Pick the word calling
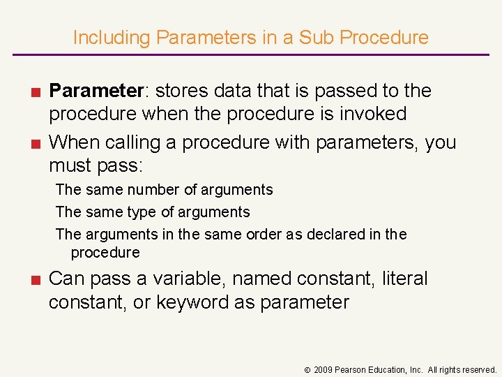click(x=137, y=142)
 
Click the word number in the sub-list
click(x=151, y=190)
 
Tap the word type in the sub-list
click(x=146, y=212)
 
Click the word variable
click(x=187, y=279)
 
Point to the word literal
click(x=404, y=279)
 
